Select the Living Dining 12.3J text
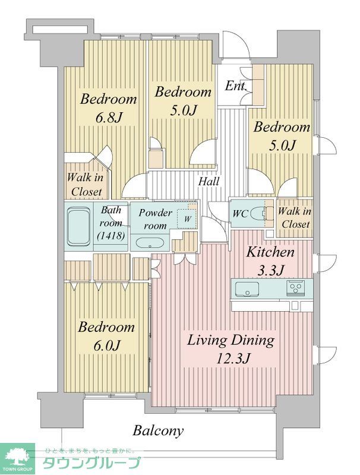click(x=230, y=349)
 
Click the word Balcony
click(x=158, y=430)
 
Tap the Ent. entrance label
click(x=235, y=86)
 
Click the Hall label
click(x=209, y=182)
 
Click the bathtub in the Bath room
click(x=77, y=226)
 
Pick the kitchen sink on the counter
click(x=246, y=290)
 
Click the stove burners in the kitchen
click(x=295, y=289)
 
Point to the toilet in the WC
click(x=258, y=213)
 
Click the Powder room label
click(x=155, y=218)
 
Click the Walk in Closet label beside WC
click(x=294, y=218)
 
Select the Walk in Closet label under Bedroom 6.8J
click(x=87, y=185)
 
